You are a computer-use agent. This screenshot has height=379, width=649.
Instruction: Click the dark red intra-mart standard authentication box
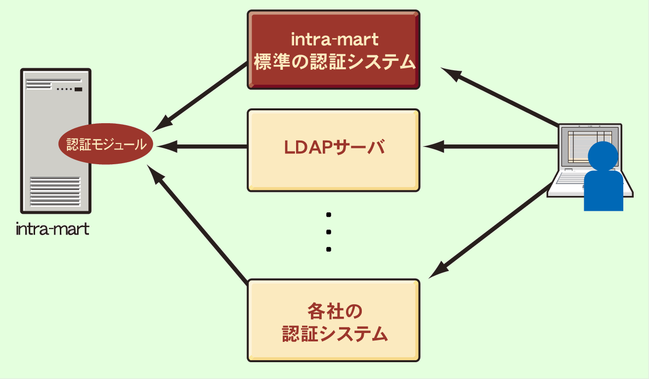pos(333,49)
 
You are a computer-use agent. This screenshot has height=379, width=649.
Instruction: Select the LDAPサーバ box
pos(333,149)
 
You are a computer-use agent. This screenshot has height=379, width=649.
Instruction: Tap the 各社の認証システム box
pos(333,320)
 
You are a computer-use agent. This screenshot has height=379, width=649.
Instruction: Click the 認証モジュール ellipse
pos(106,144)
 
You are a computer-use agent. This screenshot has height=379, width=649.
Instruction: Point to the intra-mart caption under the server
pos(52,230)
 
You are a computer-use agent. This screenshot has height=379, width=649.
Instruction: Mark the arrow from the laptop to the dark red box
pos(499,96)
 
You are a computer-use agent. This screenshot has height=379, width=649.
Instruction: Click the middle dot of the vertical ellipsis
pos(329,232)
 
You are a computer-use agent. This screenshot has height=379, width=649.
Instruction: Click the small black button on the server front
pos(78,90)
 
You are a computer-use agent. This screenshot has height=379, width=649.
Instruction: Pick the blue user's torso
pos(603,190)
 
